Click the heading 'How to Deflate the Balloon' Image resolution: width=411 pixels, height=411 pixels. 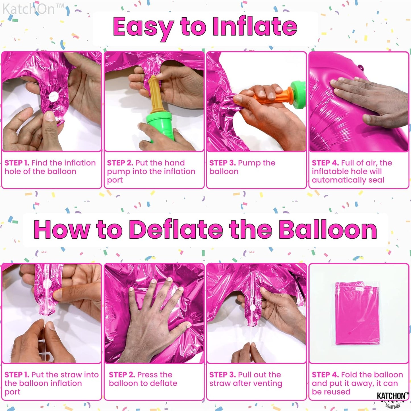point(205,230)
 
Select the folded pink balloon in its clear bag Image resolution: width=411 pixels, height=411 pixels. point(358,313)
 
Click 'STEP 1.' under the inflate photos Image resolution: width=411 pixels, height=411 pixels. point(17,163)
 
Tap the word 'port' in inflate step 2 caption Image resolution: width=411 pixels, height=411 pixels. point(115,180)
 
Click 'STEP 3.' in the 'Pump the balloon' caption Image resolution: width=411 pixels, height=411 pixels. point(222,163)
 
